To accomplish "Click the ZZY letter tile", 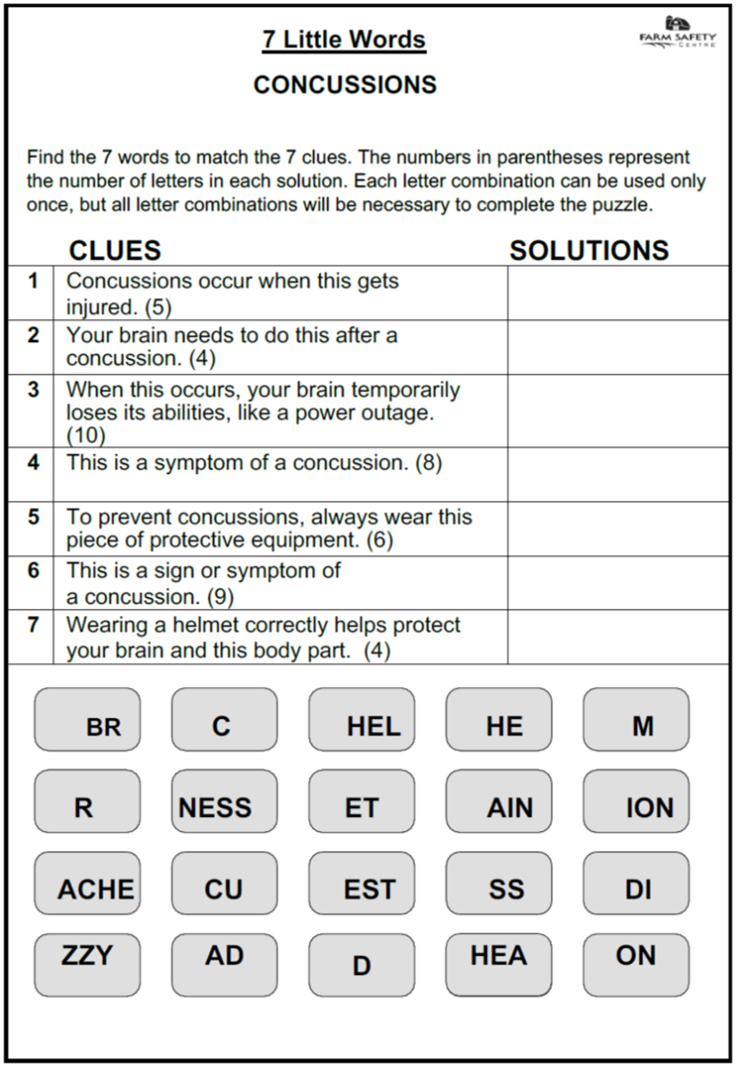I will coord(87,965).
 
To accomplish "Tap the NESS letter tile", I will coord(224,801).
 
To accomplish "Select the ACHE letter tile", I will coord(87,883).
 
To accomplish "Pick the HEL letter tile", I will coord(361,720).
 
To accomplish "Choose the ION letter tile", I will coord(635,801).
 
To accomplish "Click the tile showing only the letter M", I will coord(635,720).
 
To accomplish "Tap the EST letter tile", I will coord(361,883).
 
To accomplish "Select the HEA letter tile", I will coord(498,965).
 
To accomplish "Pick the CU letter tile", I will coord(224,883).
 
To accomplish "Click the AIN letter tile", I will coord(498,801).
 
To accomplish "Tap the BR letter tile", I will coord(87,720).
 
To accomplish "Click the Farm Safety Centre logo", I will coord(678,34).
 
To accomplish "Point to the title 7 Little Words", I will coord(344,40).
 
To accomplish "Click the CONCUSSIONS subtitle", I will coord(345,85).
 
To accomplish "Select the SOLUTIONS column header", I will coord(589,250).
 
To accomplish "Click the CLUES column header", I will coord(115,250).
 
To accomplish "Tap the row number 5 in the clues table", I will coord(33,517).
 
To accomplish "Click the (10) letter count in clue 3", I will coord(86,436).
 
